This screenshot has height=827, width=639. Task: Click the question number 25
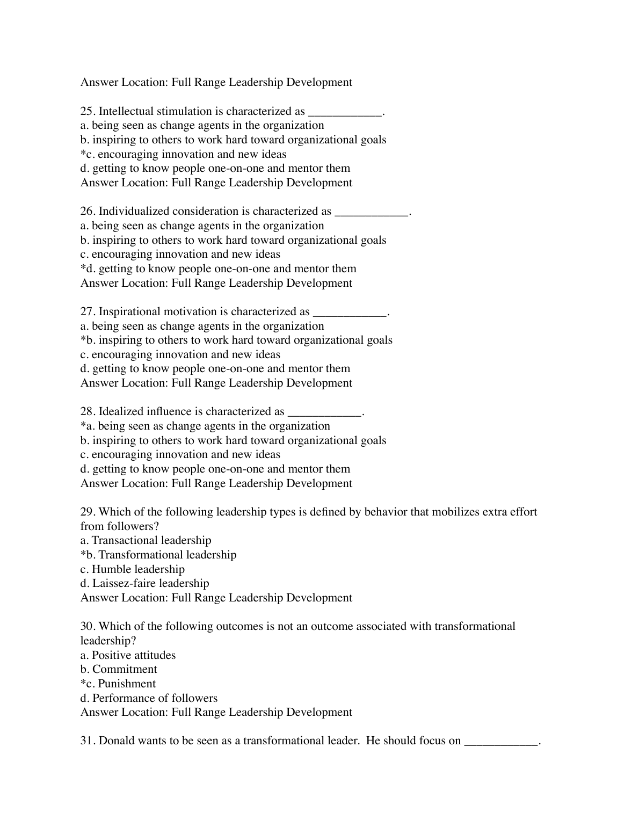click(x=87, y=111)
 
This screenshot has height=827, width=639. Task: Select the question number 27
click(x=87, y=311)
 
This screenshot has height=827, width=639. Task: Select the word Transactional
click(x=125, y=540)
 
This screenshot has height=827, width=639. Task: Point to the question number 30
click(x=87, y=626)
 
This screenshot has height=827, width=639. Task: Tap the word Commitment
click(x=125, y=669)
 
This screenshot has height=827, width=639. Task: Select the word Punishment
click(x=127, y=684)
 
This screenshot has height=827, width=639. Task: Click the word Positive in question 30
click(x=111, y=655)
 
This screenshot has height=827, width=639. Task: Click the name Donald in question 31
click(x=117, y=741)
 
